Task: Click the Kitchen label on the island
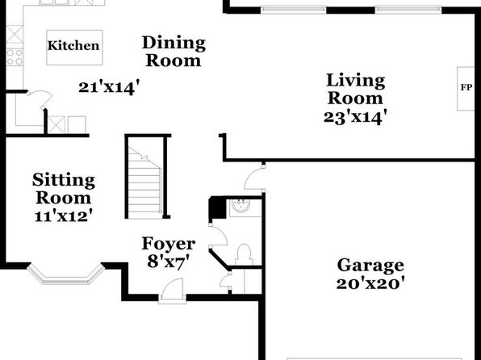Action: [73, 46]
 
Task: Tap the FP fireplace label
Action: [466, 87]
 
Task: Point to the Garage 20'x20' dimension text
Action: [370, 283]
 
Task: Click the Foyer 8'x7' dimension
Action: [168, 262]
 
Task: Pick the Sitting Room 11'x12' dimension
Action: [64, 216]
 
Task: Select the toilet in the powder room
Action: [245, 254]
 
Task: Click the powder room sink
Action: [240, 206]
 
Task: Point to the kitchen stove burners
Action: [15, 57]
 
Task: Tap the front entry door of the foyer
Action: [173, 291]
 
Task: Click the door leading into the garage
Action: [255, 178]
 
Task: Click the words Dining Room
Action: [174, 52]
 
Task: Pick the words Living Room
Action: [356, 89]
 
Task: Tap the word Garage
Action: [370, 266]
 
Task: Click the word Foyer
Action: [169, 244]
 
